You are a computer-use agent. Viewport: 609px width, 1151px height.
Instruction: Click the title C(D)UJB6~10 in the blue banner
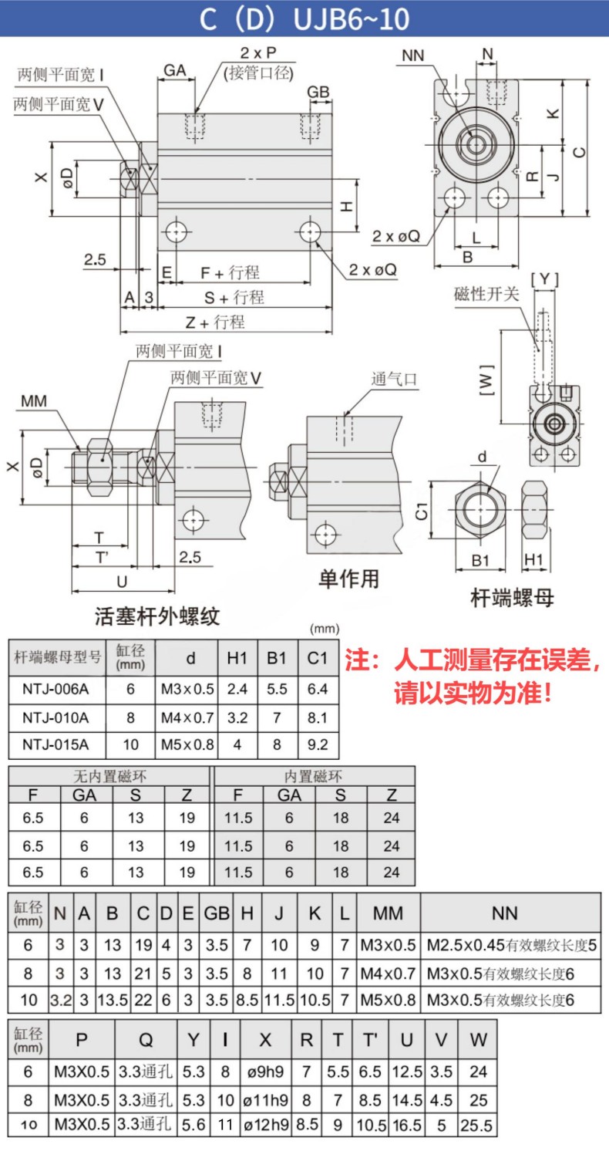pyautogui.click(x=304, y=19)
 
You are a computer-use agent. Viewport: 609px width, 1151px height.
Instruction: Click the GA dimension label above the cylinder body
pyautogui.click(x=174, y=70)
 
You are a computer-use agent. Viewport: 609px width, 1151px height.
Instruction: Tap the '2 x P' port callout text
pyautogui.click(x=258, y=52)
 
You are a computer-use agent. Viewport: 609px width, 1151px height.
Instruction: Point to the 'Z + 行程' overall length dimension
pyautogui.click(x=215, y=322)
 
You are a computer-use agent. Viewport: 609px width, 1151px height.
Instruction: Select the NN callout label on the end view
pyautogui.click(x=413, y=56)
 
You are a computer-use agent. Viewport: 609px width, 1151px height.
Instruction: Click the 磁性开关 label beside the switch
pyautogui.click(x=486, y=294)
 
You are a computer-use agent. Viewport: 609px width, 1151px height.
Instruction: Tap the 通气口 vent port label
pyautogui.click(x=395, y=380)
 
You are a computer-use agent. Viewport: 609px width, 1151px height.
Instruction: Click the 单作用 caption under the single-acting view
pyautogui.click(x=348, y=579)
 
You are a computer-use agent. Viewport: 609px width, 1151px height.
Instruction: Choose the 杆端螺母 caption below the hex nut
pyautogui.click(x=512, y=598)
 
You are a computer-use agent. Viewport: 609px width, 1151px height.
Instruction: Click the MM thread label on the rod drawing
pyautogui.click(x=34, y=401)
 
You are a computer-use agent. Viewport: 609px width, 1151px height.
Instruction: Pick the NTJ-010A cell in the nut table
pyautogui.click(x=56, y=717)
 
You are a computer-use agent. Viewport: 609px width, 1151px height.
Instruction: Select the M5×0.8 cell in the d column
pyautogui.click(x=187, y=744)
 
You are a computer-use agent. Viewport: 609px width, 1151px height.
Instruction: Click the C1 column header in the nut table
pyautogui.click(x=318, y=658)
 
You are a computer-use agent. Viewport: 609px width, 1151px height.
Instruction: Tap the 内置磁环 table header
pyautogui.click(x=313, y=776)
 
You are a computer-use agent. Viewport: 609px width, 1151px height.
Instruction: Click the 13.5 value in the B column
pyautogui.click(x=113, y=1000)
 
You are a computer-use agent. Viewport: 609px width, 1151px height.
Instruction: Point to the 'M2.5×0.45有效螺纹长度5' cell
pyautogui.click(x=511, y=945)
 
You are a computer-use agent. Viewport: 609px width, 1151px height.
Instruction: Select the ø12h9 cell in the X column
pyautogui.click(x=266, y=1126)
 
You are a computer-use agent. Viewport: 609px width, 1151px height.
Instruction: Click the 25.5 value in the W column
pyautogui.click(x=476, y=1126)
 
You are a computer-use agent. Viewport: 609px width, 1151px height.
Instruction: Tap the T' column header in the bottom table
pyautogui.click(x=370, y=1040)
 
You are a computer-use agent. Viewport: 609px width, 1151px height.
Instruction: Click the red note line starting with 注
pyautogui.click(x=473, y=660)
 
